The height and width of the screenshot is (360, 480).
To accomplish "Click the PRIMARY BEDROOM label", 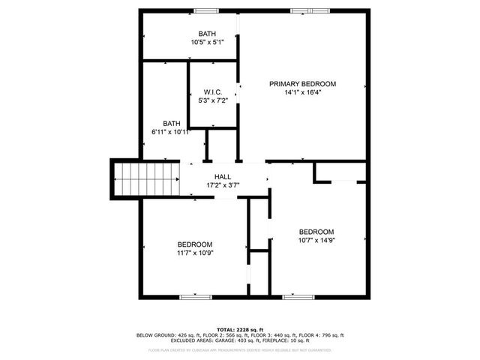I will click(302, 84).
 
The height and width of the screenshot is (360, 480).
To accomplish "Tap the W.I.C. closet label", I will click(212, 91).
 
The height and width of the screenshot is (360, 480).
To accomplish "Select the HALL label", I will click(222, 177).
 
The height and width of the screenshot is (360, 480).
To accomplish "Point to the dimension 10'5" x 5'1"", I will click(206, 43).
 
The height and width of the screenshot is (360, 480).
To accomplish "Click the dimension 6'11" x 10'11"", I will click(172, 133).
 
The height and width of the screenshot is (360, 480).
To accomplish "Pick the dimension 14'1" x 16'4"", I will click(302, 93).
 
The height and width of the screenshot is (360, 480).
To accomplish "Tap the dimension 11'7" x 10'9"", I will click(194, 253).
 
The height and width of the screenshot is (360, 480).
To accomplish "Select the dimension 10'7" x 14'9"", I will click(316, 241).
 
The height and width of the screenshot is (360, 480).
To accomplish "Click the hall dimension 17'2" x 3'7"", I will click(222, 185).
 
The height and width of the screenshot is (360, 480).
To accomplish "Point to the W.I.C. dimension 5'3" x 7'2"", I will click(212, 100).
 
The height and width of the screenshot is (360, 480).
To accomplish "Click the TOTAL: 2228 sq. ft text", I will click(240, 329).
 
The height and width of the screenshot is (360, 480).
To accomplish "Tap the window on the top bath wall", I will click(205, 10).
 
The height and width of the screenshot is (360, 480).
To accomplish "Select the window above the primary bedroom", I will click(310, 10).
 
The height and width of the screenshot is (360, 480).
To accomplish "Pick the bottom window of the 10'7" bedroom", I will click(298, 297).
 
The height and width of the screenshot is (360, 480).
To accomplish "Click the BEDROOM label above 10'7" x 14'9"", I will click(316, 232).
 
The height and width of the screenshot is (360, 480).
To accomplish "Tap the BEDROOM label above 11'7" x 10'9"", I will click(194, 244).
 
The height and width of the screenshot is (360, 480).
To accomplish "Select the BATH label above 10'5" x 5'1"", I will click(206, 34).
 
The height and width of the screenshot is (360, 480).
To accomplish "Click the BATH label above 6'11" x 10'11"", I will click(172, 124).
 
